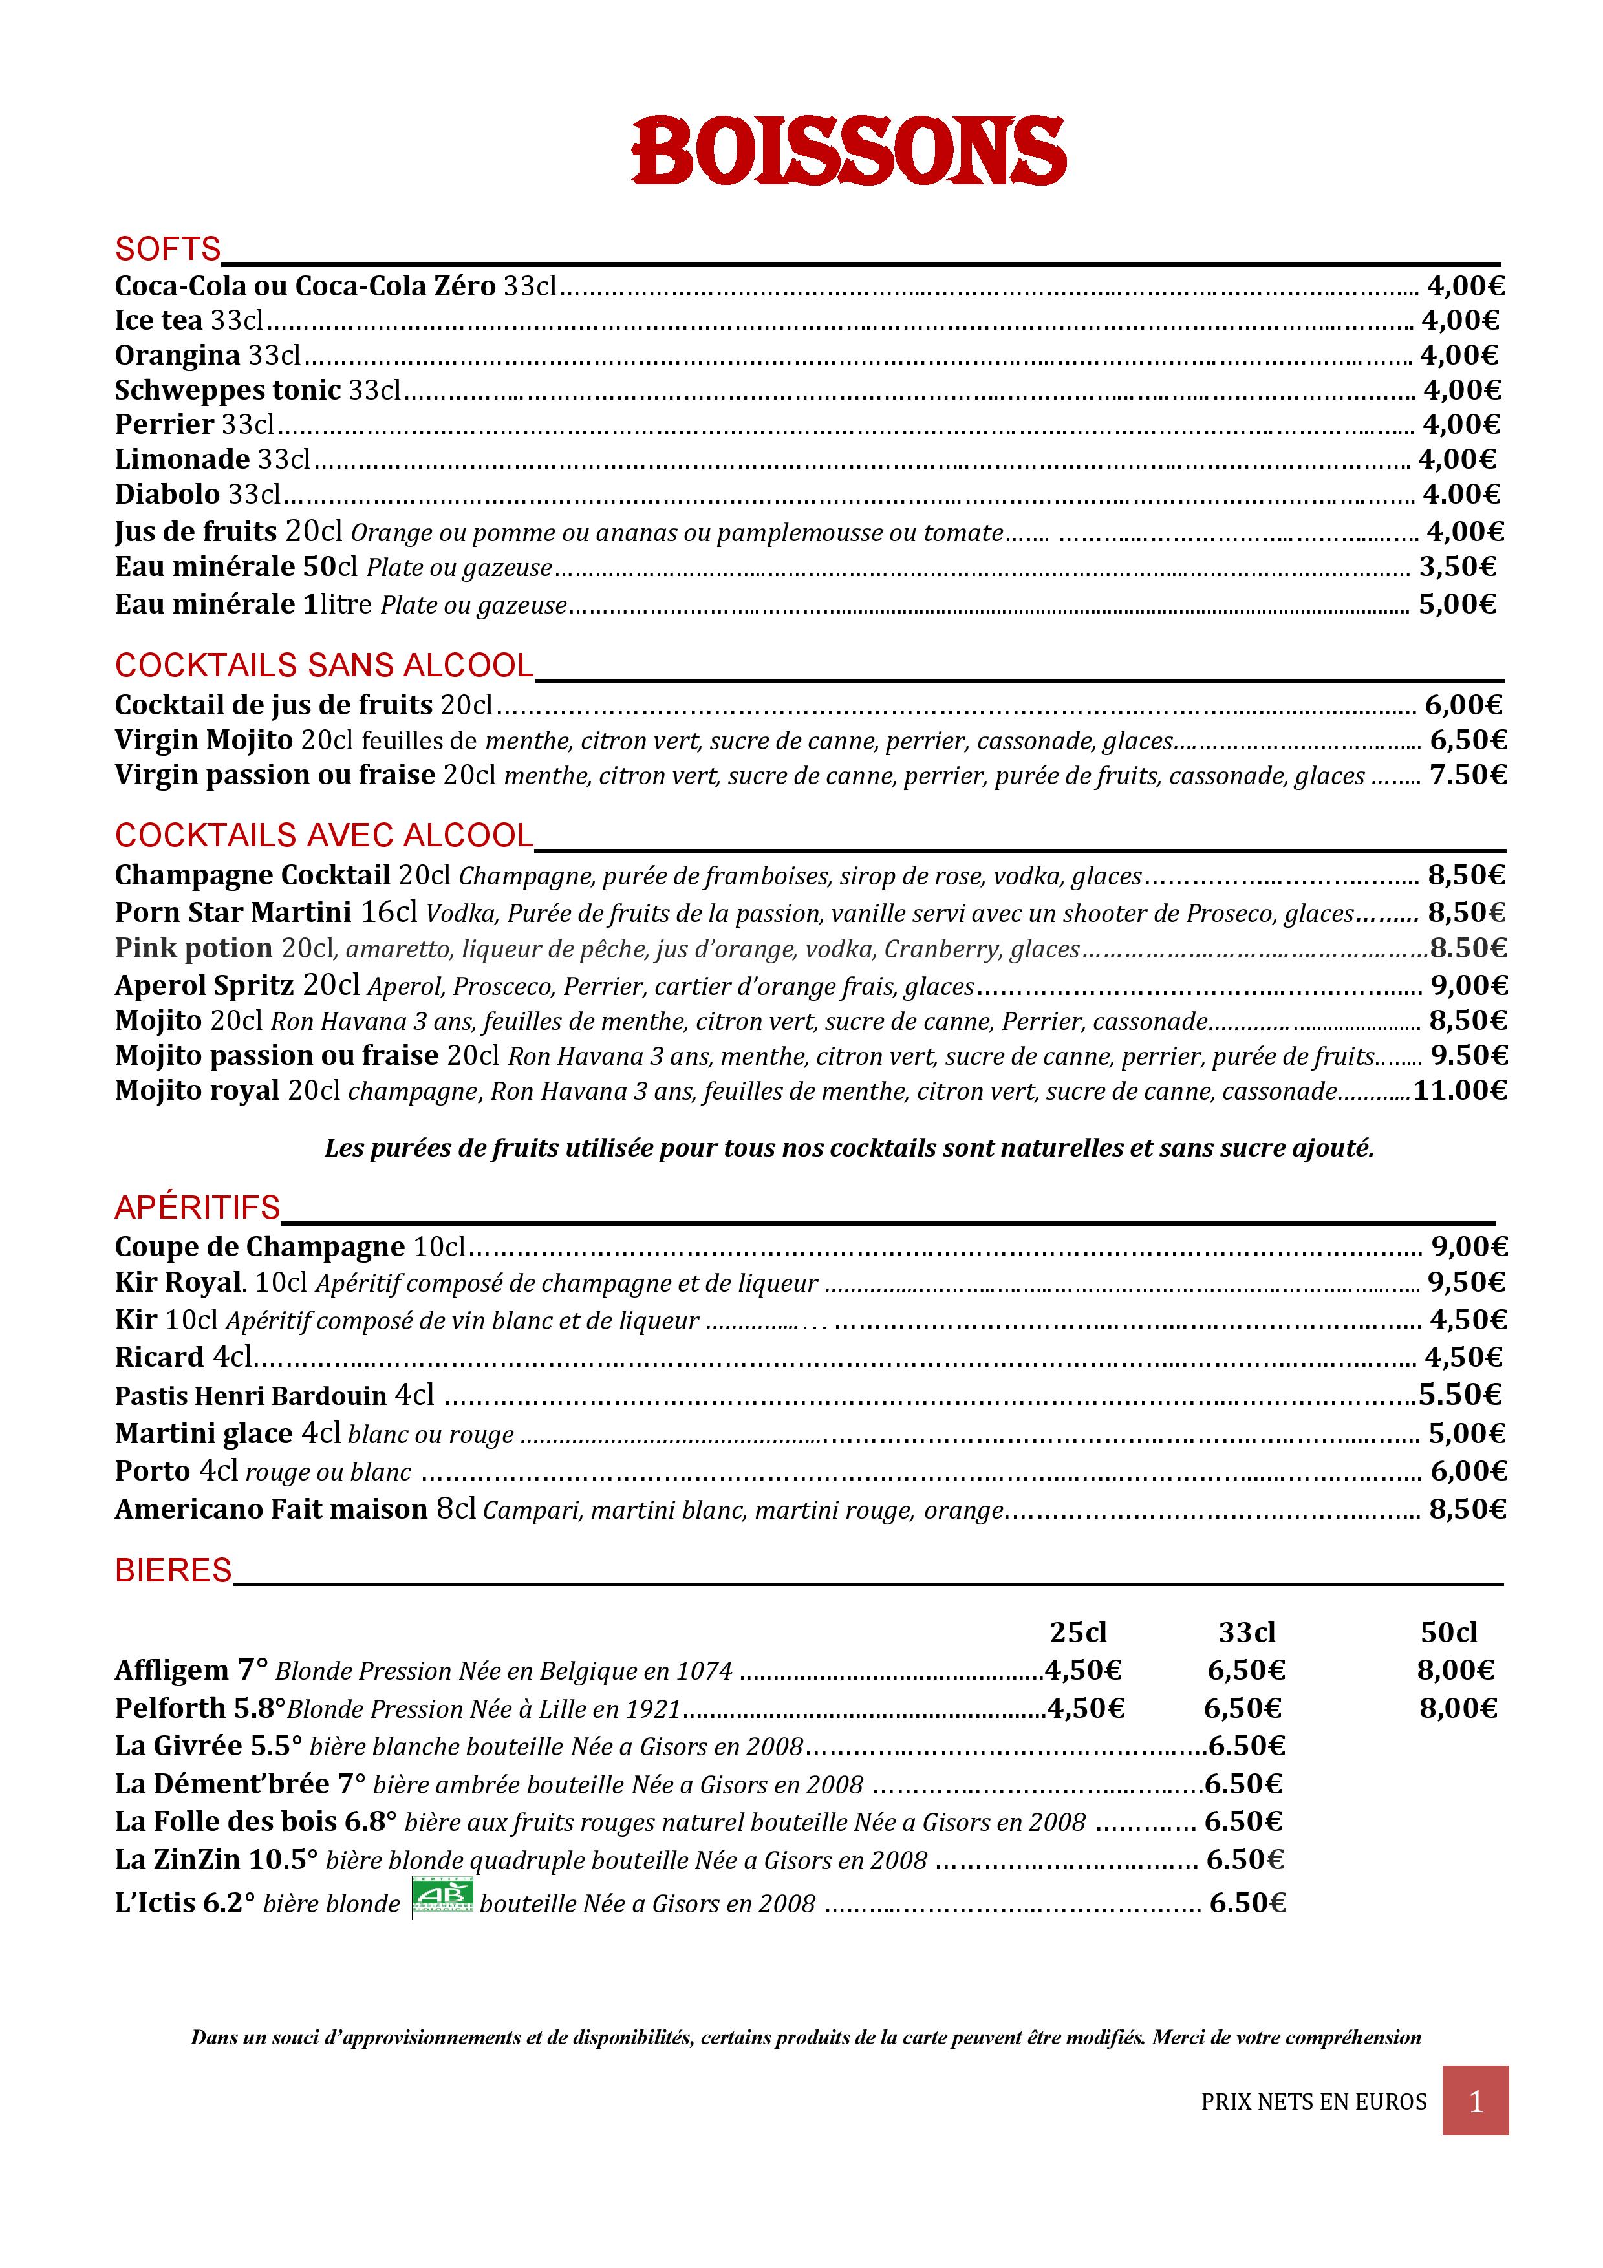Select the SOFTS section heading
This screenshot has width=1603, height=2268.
(x=168, y=249)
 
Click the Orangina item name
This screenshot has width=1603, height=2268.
(x=178, y=356)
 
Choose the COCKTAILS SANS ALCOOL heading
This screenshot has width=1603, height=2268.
(x=324, y=666)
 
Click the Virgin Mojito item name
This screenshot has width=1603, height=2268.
(x=204, y=740)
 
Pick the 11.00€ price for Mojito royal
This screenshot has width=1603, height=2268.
(x=1460, y=1091)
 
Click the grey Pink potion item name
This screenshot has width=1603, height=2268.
(x=193, y=948)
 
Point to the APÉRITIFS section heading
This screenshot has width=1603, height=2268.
(x=197, y=1207)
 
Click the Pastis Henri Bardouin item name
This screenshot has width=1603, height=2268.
(x=251, y=1396)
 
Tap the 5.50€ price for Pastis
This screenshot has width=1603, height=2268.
(x=1460, y=1395)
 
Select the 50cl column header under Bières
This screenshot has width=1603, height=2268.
(x=1449, y=1633)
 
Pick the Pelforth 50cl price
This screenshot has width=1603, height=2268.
(x=1458, y=1708)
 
